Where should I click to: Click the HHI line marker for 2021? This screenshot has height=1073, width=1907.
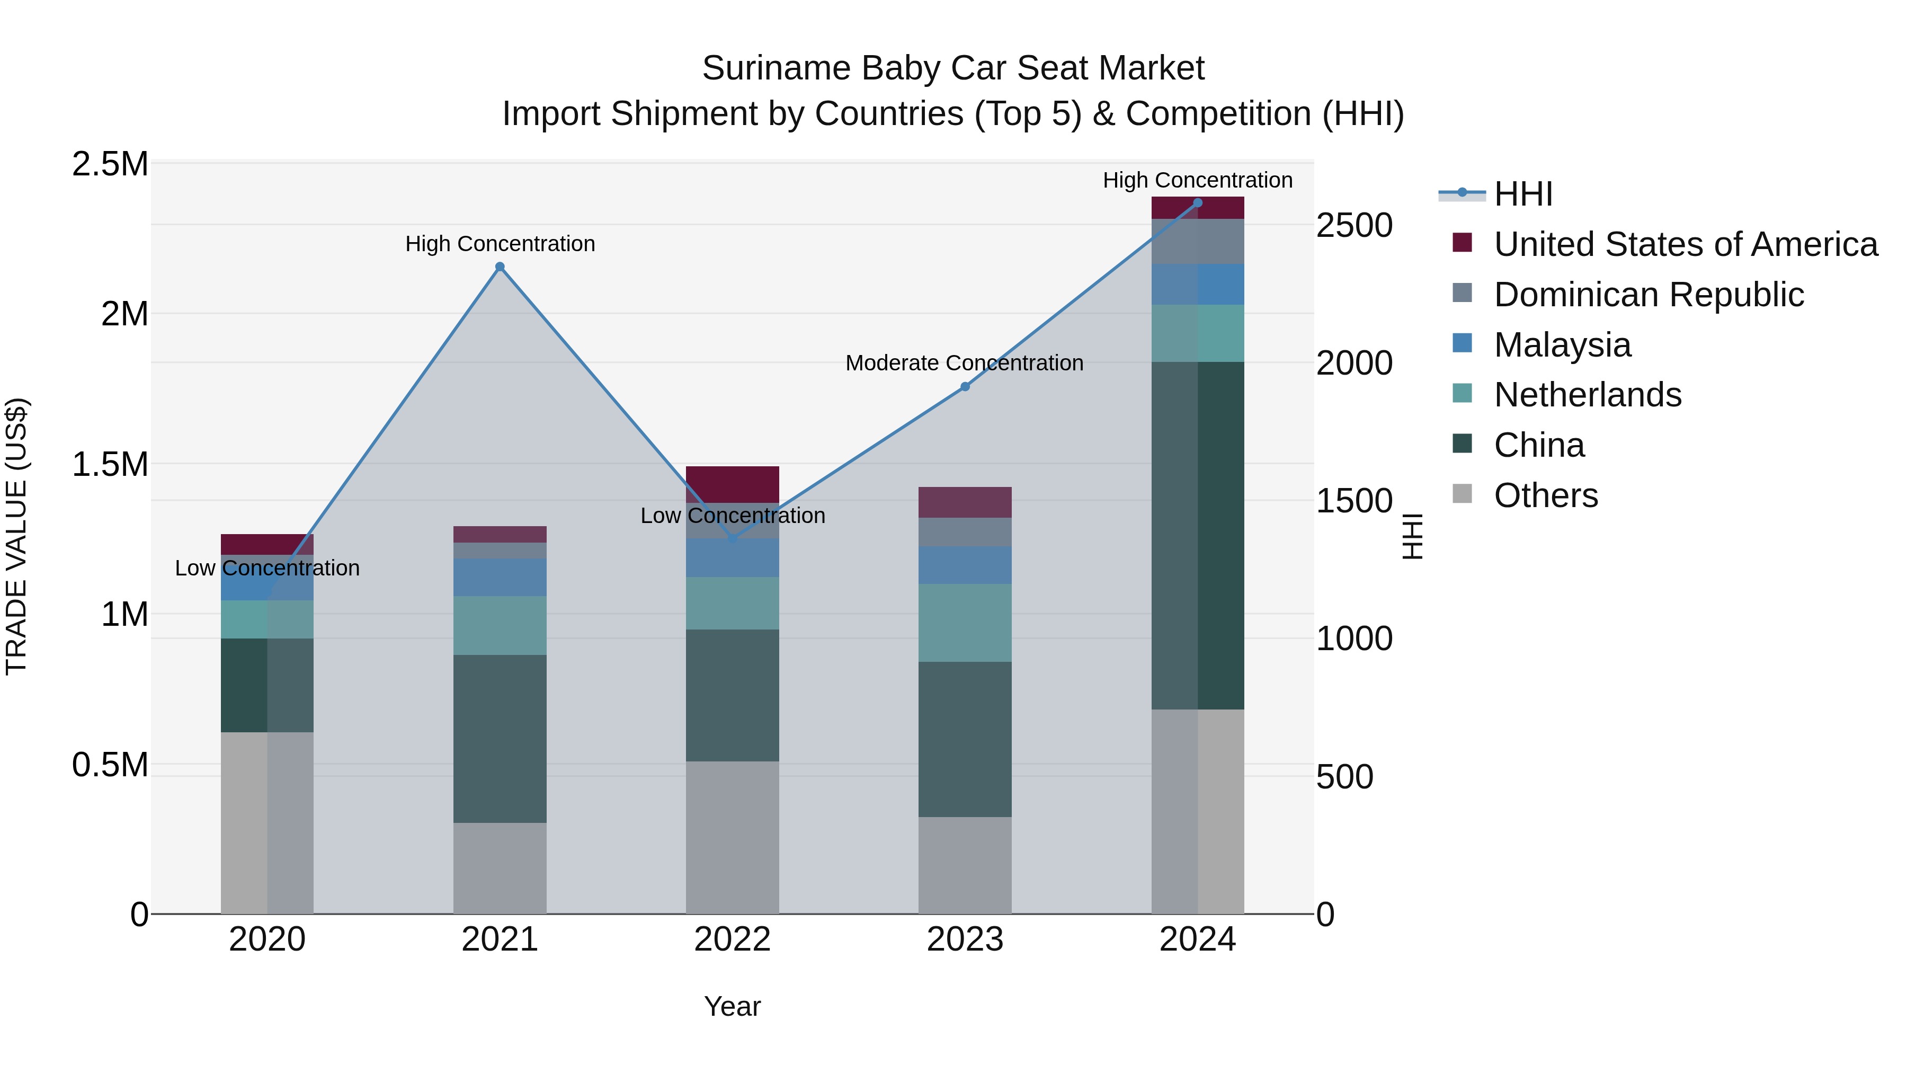pyautogui.click(x=500, y=267)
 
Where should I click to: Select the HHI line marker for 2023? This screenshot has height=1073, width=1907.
pyautogui.click(x=965, y=387)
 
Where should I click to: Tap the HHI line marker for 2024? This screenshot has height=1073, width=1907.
pyautogui.click(x=1198, y=203)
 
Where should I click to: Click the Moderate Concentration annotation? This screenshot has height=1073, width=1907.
pyautogui.click(x=964, y=363)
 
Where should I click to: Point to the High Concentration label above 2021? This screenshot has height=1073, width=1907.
pyautogui.click(x=500, y=244)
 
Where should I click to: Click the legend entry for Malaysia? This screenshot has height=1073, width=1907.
pyautogui.click(x=1562, y=345)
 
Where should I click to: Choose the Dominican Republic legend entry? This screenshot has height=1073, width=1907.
pyautogui.click(x=1648, y=295)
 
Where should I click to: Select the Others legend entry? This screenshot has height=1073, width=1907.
pyautogui.click(x=1546, y=495)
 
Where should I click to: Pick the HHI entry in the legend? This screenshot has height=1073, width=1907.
pyautogui.click(x=1523, y=194)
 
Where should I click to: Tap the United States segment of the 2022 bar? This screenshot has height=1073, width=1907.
pyautogui.click(x=732, y=484)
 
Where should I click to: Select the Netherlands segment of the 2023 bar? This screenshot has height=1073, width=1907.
pyautogui.click(x=965, y=622)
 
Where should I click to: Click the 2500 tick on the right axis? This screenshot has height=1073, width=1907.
pyautogui.click(x=1354, y=225)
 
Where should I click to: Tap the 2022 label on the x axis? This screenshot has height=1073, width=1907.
pyautogui.click(x=732, y=939)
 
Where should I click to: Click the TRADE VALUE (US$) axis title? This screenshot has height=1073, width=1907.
pyautogui.click(x=16, y=536)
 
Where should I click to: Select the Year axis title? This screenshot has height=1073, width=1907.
pyautogui.click(x=732, y=1006)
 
